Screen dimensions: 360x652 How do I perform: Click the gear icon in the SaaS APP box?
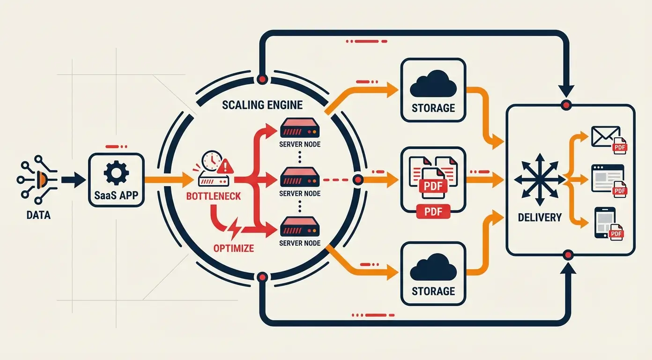point(116,173)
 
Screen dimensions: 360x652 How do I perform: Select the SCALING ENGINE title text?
point(263,105)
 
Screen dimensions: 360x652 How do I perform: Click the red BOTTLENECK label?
point(214,195)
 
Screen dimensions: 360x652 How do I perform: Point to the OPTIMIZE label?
point(233,248)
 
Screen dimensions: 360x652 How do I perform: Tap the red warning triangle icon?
point(225,165)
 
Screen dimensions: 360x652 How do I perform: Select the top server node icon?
point(300,127)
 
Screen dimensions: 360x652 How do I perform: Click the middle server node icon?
point(300,178)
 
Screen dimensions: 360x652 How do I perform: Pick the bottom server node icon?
point(300,228)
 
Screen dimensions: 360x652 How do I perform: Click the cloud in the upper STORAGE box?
point(433,84)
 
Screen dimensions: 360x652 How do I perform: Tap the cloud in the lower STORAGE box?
point(433,268)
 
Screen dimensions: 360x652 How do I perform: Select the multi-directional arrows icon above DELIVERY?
point(537,179)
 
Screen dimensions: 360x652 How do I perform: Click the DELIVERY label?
point(540,217)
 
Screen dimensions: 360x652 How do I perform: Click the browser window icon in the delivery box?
point(607,177)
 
